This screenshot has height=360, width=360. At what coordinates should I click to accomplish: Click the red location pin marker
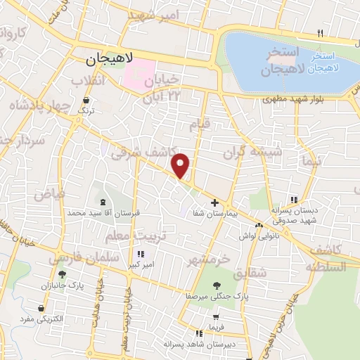point(181,165)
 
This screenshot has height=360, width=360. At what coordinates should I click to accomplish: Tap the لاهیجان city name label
point(110,61)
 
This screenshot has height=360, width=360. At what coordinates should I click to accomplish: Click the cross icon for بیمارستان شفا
point(214,202)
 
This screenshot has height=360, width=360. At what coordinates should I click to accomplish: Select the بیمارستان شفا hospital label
point(214,214)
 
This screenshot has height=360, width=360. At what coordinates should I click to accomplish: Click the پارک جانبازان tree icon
point(62,274)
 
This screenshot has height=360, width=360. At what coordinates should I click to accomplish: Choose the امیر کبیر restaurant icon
point(141,254)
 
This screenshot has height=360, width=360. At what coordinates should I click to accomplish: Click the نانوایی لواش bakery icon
point(259,226)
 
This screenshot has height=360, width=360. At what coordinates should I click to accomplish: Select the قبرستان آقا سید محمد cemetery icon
point(103,202)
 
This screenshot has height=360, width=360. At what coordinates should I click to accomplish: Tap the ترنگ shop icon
point(86,101)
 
